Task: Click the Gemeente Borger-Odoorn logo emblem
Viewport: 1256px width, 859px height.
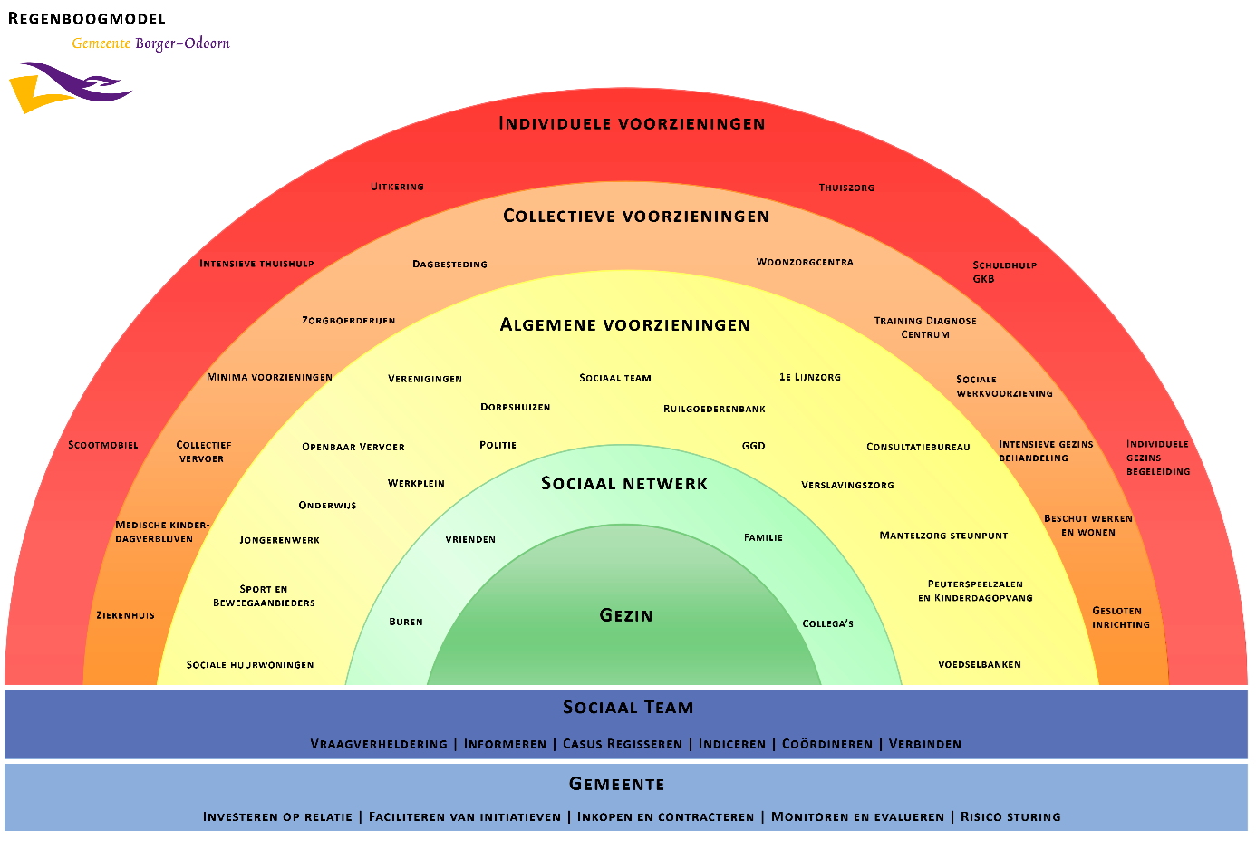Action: [70, 87]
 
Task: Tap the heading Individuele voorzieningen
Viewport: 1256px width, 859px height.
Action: [632, 123]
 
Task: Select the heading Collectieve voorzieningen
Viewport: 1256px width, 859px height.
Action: [636, 216]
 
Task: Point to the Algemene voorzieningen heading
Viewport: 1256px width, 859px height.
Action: [624, 324]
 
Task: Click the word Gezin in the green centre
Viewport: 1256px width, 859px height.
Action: [626, 615]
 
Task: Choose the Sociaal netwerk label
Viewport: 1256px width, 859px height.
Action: [624, 483]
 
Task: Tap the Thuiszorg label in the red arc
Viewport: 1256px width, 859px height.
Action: [846, 188]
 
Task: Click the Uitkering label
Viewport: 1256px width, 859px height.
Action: [397, 187]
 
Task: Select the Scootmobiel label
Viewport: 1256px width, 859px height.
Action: [103, 445]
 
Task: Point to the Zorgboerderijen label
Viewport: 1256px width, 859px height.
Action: [348, 321]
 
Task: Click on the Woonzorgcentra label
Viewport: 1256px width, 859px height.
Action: [805, 263]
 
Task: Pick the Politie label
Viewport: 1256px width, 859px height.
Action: [498, 445]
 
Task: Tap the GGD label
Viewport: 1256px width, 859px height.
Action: [753, 446]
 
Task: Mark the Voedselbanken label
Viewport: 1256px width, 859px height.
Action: [979, 664]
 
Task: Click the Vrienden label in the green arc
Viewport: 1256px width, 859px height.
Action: [470, 539]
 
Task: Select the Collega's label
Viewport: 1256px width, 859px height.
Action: [827, 623]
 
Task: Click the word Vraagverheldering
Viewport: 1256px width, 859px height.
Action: [379, 744]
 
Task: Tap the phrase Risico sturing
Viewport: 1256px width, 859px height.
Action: [1010, 816]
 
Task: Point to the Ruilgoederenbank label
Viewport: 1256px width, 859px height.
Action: [714, 409]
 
